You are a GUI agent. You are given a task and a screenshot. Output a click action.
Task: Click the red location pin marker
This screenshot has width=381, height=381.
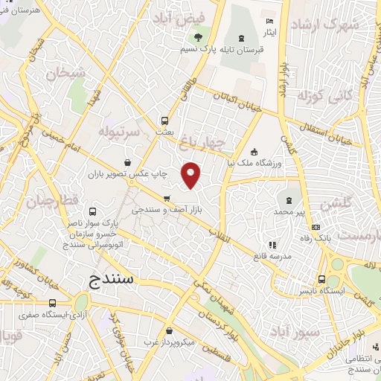192,175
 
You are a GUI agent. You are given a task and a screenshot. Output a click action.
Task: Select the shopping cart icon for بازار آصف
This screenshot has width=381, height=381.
166,198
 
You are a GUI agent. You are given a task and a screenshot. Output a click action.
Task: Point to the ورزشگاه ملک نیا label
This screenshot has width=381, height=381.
278,163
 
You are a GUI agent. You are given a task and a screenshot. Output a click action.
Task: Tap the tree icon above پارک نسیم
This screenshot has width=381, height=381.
198,37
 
